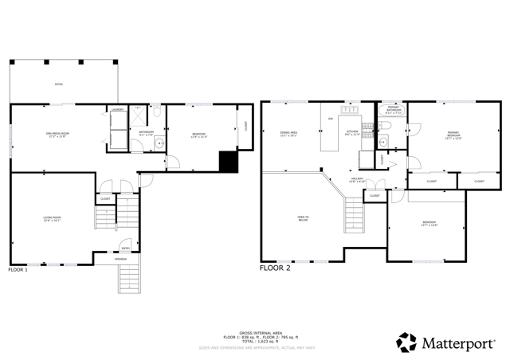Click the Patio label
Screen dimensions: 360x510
(x=57, y=84)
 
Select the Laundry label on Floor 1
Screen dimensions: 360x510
(x=116, y=109)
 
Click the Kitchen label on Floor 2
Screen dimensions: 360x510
(x=351, y=133)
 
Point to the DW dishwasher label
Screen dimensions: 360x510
(x=331, y=119)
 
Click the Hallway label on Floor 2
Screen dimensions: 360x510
(x=358, y=181)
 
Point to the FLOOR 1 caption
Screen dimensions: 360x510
(x=18, y=269)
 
